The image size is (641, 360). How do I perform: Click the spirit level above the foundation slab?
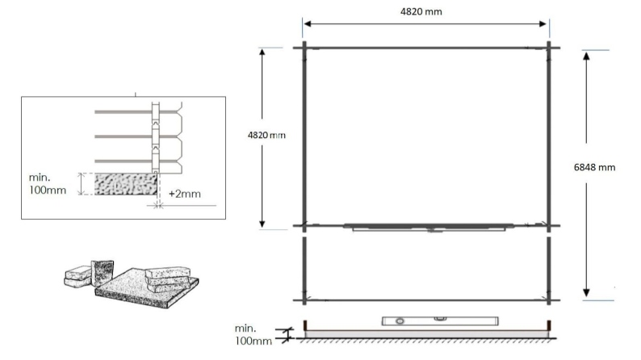418,320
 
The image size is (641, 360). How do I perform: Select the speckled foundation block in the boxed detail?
126,184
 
